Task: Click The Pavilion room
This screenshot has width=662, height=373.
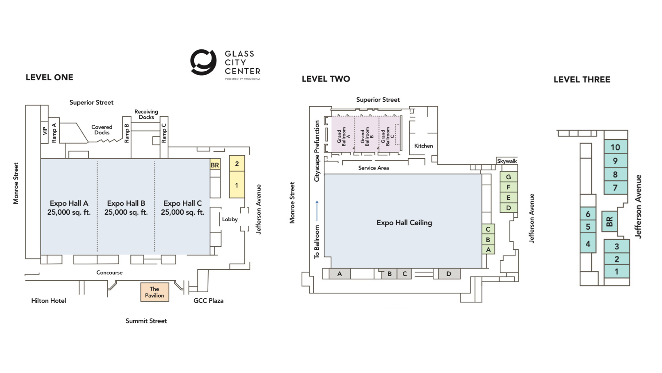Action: pyautogui.click(x=155, y=292)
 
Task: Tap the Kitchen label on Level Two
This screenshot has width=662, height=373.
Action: pyautogui.click(x=423, y=146)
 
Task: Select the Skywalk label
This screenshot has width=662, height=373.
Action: pyautogui.click(x=507, y=161)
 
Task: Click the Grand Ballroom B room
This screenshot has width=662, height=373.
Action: pyautogui.click(x=367, y=134)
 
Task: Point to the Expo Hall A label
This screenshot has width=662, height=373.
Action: pyautogui.click(x=69, y=203)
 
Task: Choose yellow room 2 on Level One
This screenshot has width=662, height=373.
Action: pyautogui.click(x=237, y=163)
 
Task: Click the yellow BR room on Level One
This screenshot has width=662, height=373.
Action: pyautogui.click(x=215, y=165)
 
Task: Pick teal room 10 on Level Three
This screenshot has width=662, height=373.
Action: pyautogui.click(x=616, y=147)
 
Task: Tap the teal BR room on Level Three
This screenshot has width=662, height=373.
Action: pyautogui.click(x=610, y=221)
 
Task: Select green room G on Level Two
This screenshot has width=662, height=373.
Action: pyautogui.click(x=509, y=177)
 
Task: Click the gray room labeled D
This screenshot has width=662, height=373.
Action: pyautogui.click(x=449, y=274)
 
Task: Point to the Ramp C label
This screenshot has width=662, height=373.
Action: pyautogui.click(x=164, y=133)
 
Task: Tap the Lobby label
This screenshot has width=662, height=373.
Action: pyautogui.click(x=230, y=219)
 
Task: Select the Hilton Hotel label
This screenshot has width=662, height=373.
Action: pyautogui.click(x=49, y=301)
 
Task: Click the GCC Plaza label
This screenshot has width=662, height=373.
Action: pyautogui.click(x=208, y=301)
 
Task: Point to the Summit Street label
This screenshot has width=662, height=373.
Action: pyautogui.click(x=146, y=321)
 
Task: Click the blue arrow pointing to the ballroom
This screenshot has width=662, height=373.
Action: pyautogui.click(x=317, y=211)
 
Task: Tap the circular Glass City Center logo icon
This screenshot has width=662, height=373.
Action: pyautogui.click(x=203, y=62)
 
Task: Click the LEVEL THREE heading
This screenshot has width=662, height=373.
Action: pyautogui.click(x=582, y=80)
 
